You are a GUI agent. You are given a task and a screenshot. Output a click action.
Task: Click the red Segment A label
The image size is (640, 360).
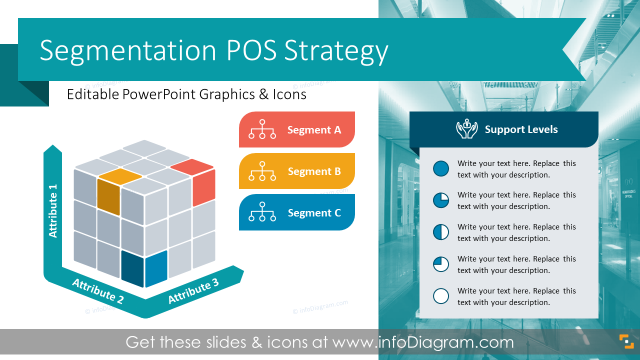[314, 130]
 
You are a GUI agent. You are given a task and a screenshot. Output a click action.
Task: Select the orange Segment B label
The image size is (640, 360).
[314, 171]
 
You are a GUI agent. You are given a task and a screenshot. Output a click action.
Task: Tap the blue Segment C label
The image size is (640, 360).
[314, 213]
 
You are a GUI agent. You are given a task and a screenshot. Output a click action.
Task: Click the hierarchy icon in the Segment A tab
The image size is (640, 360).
[262, 129]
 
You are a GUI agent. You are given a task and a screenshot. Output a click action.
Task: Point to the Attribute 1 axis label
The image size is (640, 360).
[53, 210]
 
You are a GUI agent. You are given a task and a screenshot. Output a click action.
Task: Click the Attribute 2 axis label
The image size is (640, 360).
[97, 291]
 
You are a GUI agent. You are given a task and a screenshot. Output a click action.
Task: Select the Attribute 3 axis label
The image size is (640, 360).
[193, 291]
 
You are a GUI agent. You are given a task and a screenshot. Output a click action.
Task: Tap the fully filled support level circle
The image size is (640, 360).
[441, 168]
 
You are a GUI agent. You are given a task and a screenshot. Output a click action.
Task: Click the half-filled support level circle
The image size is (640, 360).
[441, 232]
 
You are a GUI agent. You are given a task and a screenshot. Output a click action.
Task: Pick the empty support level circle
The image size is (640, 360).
[441, 296]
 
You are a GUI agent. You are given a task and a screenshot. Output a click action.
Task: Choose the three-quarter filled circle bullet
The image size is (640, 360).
[441, 200]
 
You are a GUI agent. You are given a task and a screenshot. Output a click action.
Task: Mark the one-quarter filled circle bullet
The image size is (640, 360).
[441, 264]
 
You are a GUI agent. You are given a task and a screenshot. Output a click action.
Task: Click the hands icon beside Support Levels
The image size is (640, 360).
[466, 129]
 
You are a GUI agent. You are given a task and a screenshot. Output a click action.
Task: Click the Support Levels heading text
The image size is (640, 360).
[521, 129]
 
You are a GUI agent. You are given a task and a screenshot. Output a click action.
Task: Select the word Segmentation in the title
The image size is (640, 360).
[128, 51]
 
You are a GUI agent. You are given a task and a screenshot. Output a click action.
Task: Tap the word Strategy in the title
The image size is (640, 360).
[336, 51]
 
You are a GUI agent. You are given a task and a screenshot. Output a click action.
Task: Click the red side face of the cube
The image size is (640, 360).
[204, 187]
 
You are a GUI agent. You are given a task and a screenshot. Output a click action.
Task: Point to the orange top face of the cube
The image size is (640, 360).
[119, 175]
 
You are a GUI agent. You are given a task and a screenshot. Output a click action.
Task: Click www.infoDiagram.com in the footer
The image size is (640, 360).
[423, 342]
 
